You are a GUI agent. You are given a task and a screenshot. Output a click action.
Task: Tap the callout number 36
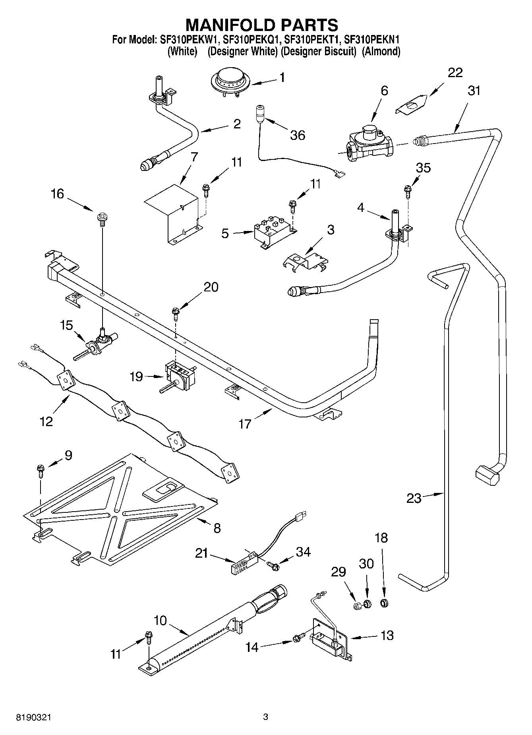pos(298,135)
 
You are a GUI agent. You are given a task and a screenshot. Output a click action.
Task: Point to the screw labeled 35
pos(407,192)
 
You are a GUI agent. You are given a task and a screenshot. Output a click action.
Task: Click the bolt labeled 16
pos(101,219)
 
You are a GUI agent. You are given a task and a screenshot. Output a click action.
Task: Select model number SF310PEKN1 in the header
pos(371,40)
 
